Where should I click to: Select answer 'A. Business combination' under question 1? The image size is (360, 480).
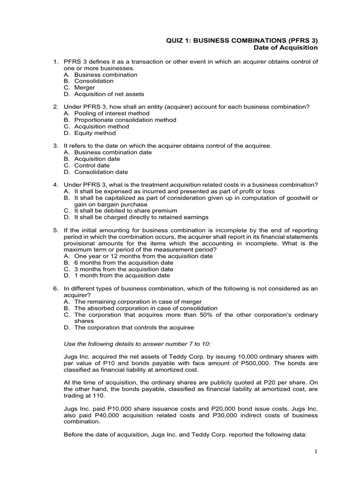(100, 75)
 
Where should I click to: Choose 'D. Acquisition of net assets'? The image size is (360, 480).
(104, 94)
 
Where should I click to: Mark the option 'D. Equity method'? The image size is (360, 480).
(90, 133)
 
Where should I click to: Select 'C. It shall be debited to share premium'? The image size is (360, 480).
(122, 211)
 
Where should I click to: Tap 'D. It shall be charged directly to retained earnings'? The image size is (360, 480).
(136, 217)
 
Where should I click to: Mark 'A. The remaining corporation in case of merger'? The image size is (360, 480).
(133, 302)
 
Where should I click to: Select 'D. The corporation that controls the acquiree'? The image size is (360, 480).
(129, 328)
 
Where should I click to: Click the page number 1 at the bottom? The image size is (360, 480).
(317, 451)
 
